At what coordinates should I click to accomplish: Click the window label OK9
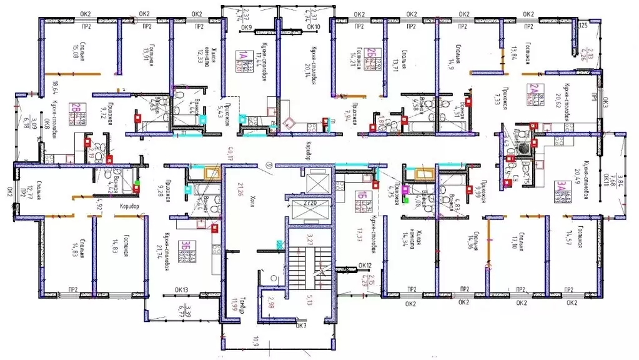(x=245, y=28)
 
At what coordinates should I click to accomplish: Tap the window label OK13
(x=182, y=290)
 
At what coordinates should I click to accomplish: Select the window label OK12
(x=365, y=266)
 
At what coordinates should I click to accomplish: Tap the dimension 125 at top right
(x=584, y=26)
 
